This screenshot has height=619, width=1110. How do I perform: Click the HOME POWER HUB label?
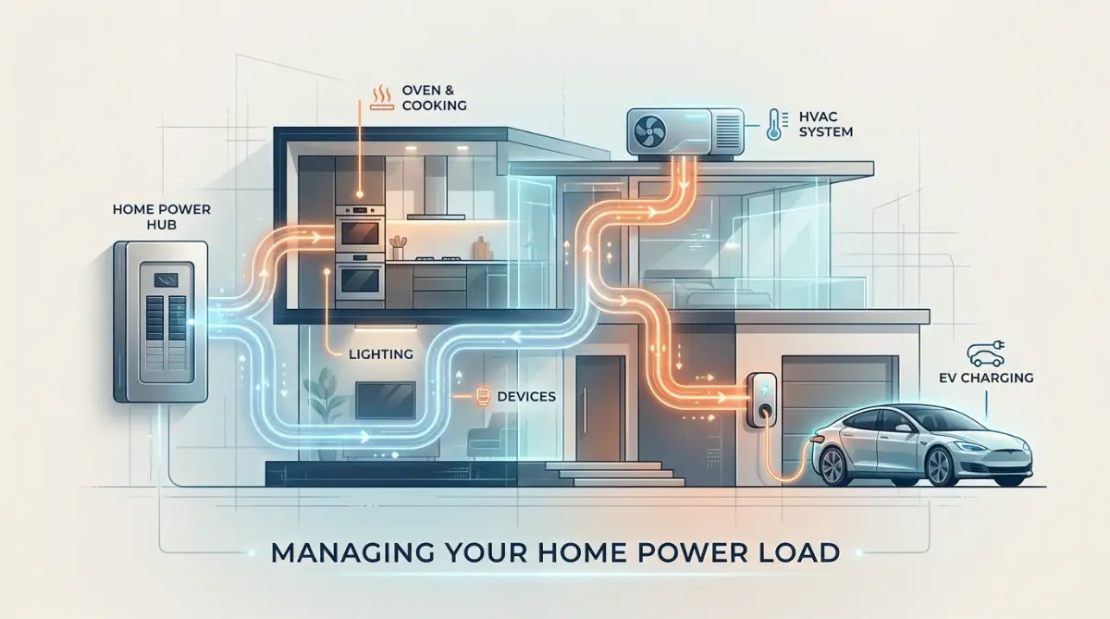pyautogui.click(x=162, y=217)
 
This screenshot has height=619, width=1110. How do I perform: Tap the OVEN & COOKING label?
pyautogui.click(x=434, y=98)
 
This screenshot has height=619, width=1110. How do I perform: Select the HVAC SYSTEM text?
pyautogui.click(x=825, y=124)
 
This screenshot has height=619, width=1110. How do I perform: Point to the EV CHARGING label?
pyautogui.click(x=986, y=378)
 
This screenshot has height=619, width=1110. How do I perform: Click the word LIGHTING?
pyautogui.click(x=380, y=354)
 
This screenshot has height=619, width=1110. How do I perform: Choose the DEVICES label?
pyautogui.click(x=526, y=397)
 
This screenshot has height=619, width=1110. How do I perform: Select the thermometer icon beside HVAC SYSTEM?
pyautogui.click(x=773, y=124)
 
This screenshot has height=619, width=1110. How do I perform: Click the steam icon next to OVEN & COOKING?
pyautogui.click(x=381, y=98)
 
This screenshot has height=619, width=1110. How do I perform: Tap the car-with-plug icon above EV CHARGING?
pyautogui.click(x=986, y=353)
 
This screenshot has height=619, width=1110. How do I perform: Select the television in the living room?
pyautogui.click(x=385, y=400)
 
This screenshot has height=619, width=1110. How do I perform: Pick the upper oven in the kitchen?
pyautogui.click(x=360, y=234)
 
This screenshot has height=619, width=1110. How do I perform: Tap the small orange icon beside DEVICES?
pyautogui.click(x=482, y=397)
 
